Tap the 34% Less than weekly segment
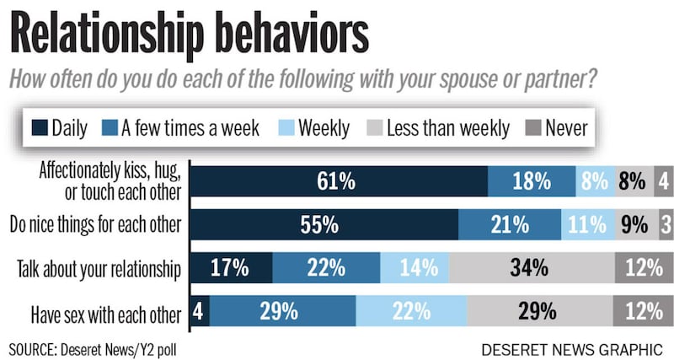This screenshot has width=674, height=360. point(529,269)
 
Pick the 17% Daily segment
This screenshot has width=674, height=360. point(231,269)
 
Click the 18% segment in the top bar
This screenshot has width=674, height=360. point(532,180)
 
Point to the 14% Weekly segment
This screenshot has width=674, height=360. point(415,269)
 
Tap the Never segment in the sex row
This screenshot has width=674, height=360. point(644,311)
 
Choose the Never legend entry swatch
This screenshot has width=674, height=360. point(533,129)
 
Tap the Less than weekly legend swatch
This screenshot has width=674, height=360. point(372,129)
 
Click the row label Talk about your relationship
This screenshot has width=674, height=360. point(99,270)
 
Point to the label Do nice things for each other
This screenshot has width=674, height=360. point(94,225)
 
